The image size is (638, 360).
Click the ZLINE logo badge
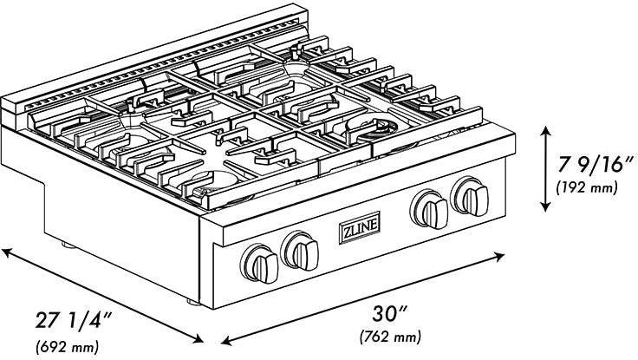[360, 227]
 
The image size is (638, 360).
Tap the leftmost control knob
[259, 264]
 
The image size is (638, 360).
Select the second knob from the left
[301, 251]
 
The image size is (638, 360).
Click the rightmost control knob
[471, 197]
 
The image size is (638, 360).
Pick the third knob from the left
[430, 209]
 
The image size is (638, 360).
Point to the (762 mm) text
[390, 337]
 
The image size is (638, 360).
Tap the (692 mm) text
[68, 347]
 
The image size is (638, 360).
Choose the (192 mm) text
[587, 187]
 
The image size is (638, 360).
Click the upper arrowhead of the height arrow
[545, 132]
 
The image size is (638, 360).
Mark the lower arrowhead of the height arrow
[545, 206]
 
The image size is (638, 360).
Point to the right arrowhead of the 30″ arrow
[499, 256]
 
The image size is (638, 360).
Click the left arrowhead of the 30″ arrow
[226, 340]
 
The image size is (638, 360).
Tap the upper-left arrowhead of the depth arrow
[7, 252]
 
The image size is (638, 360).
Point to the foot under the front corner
[193, 303]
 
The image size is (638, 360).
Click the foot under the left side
[68, 245]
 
